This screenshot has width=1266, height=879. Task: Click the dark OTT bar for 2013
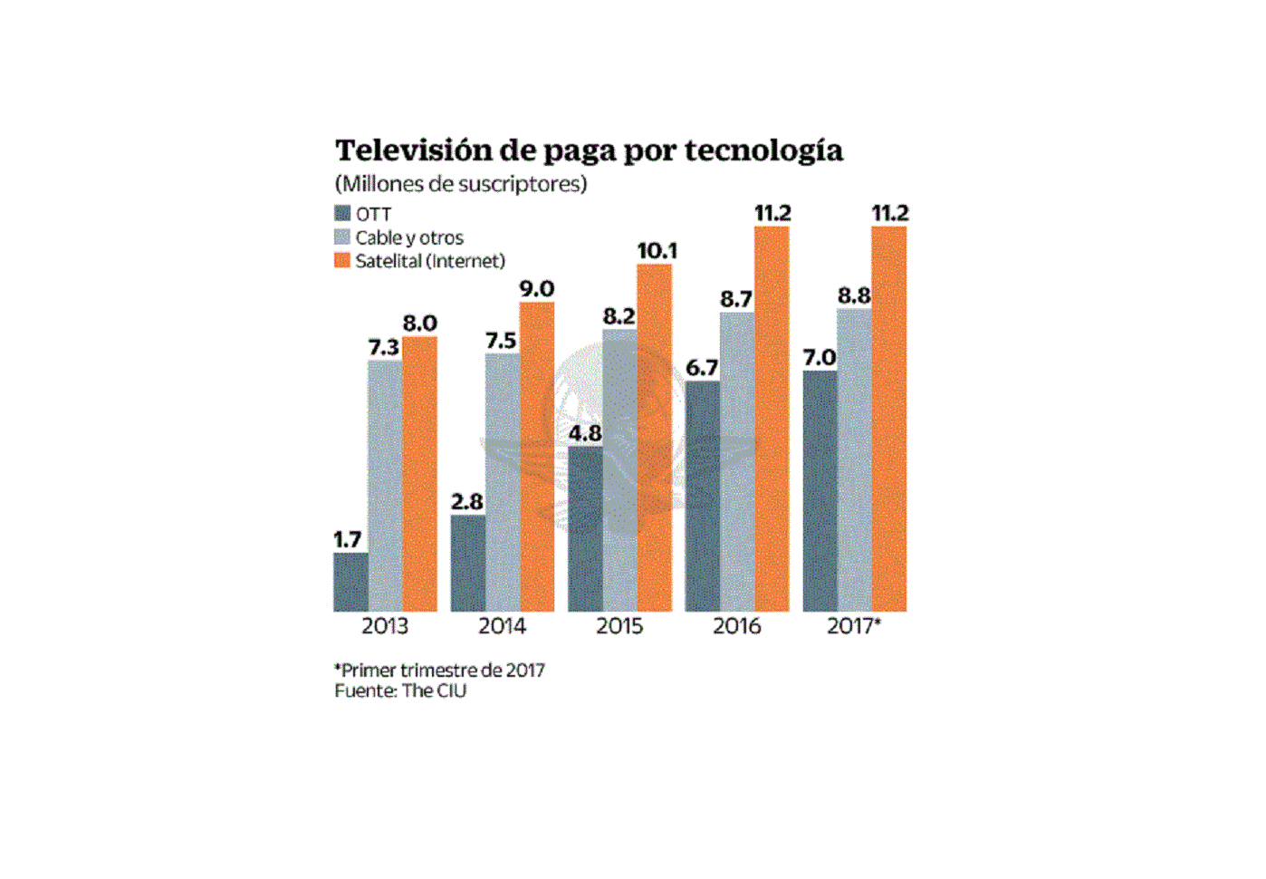point(350,583)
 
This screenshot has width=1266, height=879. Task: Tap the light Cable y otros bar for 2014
point(503,482)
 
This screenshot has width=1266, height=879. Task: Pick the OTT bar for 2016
point(702,496)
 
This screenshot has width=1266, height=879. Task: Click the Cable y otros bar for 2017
point(854,460)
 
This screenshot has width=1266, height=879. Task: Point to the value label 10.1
point(657,250)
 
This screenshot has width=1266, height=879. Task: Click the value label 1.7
point(347,540)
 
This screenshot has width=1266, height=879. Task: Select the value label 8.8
point(854,295)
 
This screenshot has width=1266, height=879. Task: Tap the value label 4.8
point(585,433)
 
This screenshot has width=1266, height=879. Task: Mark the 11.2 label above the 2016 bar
point(772,213)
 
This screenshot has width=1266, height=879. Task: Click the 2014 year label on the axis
point(502,626)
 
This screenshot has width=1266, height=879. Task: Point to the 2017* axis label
point(853,626)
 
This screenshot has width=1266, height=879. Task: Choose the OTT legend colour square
point(342,214)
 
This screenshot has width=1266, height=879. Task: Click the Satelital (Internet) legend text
point(429,261)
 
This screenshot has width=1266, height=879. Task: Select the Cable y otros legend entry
point(408,237)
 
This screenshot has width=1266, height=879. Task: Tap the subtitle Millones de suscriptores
point(461,184)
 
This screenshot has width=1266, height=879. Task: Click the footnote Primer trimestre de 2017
point(440,671)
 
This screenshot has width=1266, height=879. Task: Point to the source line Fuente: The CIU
point(400,691)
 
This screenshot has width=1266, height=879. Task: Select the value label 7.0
point(820,358)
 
